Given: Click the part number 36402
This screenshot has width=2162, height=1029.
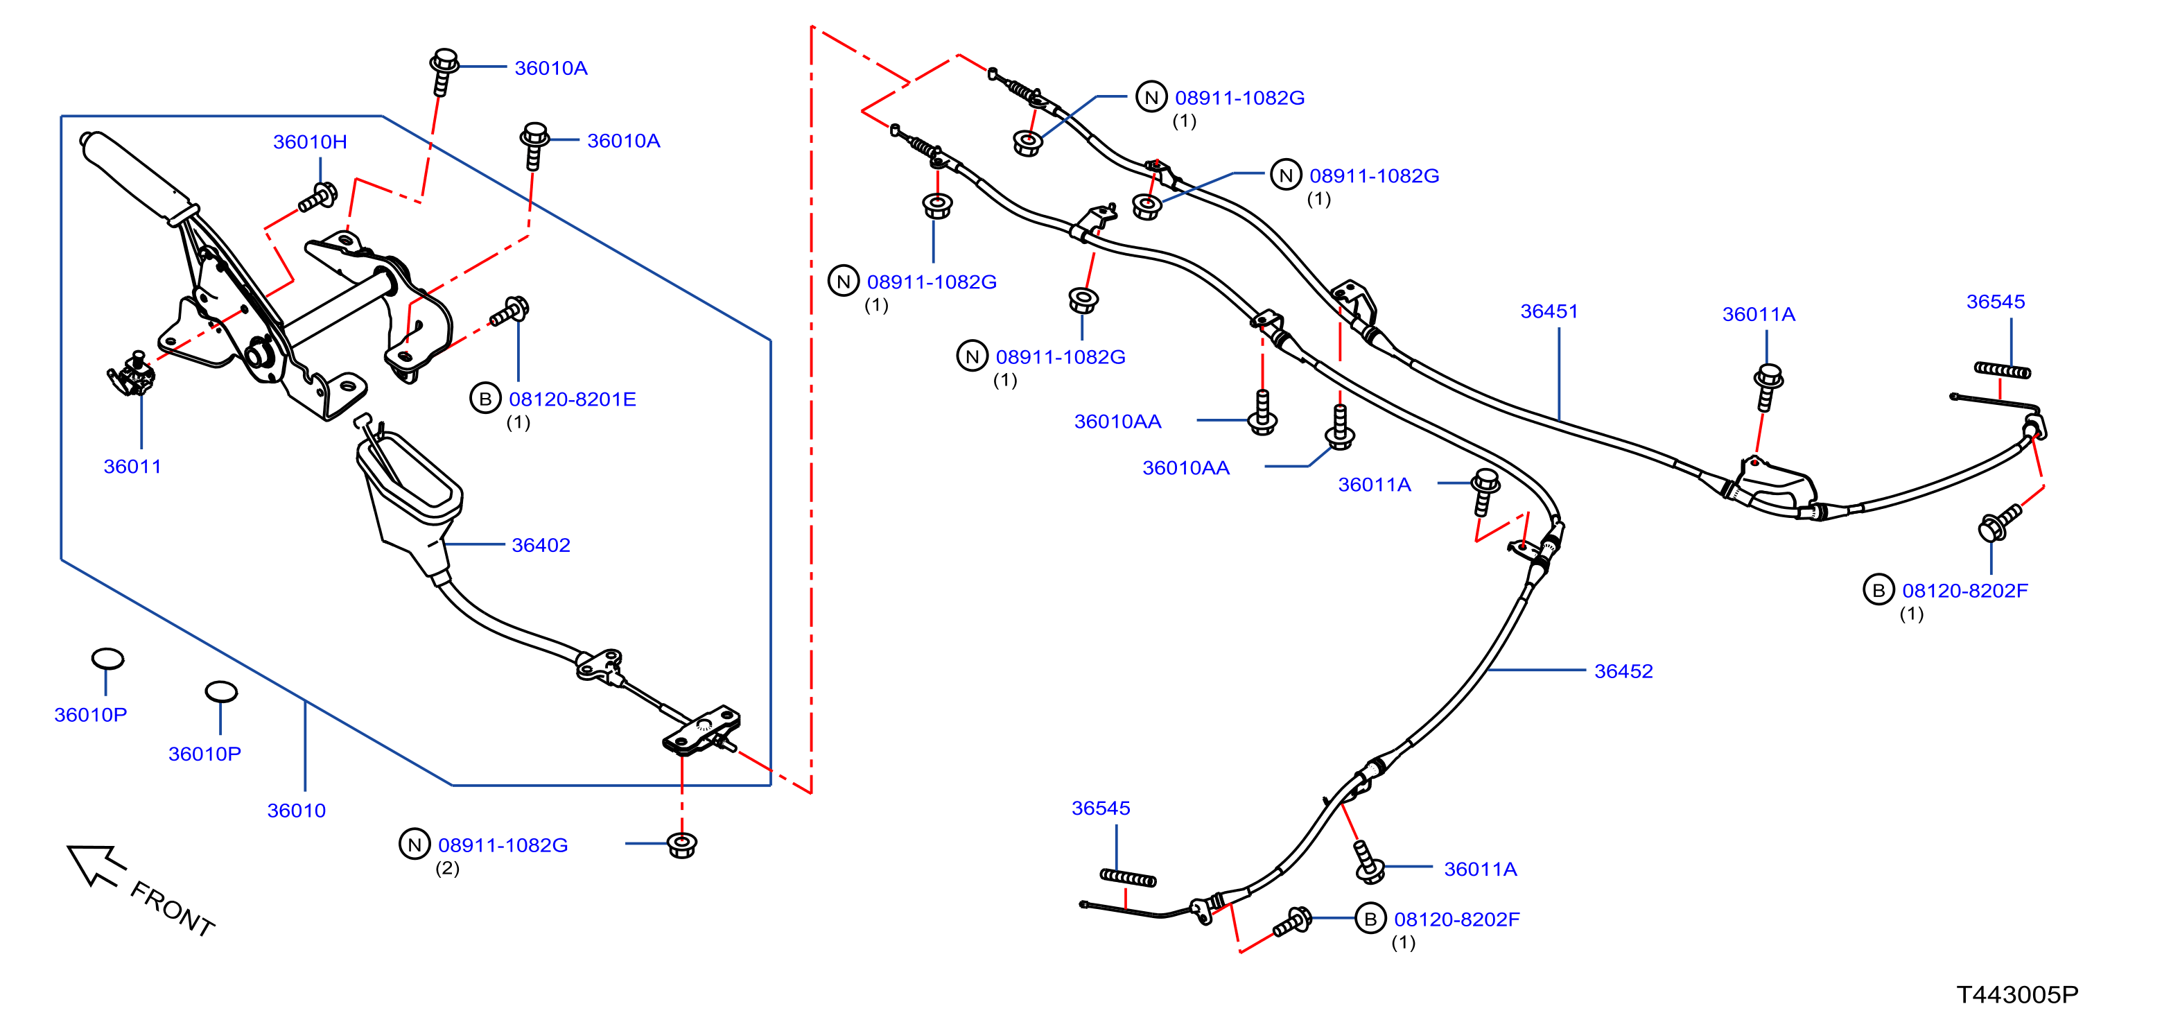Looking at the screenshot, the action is pyautogui.click(x=541, y=546).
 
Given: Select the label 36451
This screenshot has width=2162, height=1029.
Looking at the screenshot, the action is pyautogui.click(x=1549, y=311).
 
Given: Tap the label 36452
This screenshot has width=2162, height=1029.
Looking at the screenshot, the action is pyautogui.click(x=1623, y=671).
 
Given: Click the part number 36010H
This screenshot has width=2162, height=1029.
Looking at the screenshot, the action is pyautogui.click(x=310, y=142).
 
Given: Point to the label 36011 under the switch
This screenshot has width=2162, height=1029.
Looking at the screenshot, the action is pyautogui.click(x=132, y=467).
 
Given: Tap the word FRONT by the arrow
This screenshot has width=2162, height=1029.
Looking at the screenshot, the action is pyautogui.click(x=172, y=908).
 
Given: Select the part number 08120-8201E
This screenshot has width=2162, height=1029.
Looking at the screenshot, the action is pyautogui.click(x=573, y=399).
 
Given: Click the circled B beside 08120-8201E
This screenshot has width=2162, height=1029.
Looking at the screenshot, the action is pyautogui.click(x=485, y=399).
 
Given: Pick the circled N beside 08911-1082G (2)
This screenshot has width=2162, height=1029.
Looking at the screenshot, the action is pyautogui.click(x=415, y=845).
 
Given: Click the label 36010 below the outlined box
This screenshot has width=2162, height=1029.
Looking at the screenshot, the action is pyautogui.click(x=296, y=811).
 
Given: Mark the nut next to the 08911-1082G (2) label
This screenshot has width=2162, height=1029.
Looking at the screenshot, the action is pyautogui.click(x=682, y=845).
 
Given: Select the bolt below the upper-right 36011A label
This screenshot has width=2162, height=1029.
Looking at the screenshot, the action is pyautogui.click(x=1768, y=387).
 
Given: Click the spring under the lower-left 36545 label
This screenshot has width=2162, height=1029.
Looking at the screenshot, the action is pyautogui.click(x=1128, y=878).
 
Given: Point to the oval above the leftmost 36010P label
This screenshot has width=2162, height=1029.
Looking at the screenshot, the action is pyautogui.click(x=107, y=659).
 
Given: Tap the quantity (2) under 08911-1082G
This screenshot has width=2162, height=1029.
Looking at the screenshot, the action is pyautogui.click(x=447, y=869).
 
